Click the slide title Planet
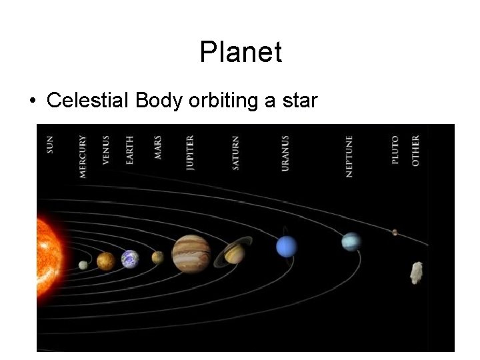coord(241,52)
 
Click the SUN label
coord(51,145)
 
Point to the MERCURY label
coord(83,157)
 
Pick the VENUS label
coord(106,150)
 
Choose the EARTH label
coord(129,149)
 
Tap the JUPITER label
coord(191,153)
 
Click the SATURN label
coord(236,153)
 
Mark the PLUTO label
coord(395,150)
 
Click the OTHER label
coord(416,151)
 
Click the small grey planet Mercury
coord(83,265)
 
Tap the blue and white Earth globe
coord(130,259)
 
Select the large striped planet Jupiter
coord(191,254)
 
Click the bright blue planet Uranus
coord(286,247)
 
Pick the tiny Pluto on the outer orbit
coord(395,232)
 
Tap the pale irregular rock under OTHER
coord(417,272)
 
